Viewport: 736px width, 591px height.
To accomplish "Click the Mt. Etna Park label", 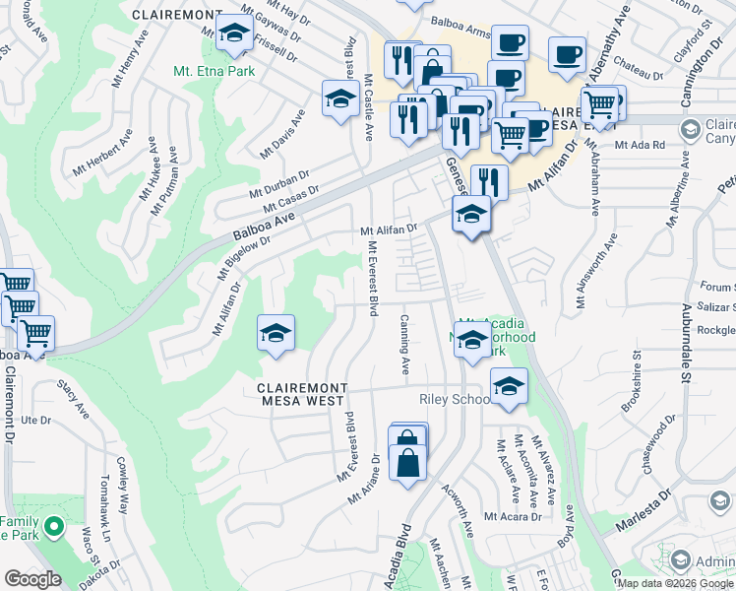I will [214, 71].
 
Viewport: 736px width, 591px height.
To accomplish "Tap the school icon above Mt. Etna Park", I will [234, 34].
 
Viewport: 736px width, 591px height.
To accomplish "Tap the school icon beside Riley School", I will [508, 386].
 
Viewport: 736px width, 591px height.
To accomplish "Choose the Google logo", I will [31, 579].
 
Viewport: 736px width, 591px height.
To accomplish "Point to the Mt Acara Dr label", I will [513, 516].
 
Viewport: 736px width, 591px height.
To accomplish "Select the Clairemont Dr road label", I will [10, 404].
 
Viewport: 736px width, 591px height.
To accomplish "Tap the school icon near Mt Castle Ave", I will [339, 98].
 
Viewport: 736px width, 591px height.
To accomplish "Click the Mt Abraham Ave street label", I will [593, 173].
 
